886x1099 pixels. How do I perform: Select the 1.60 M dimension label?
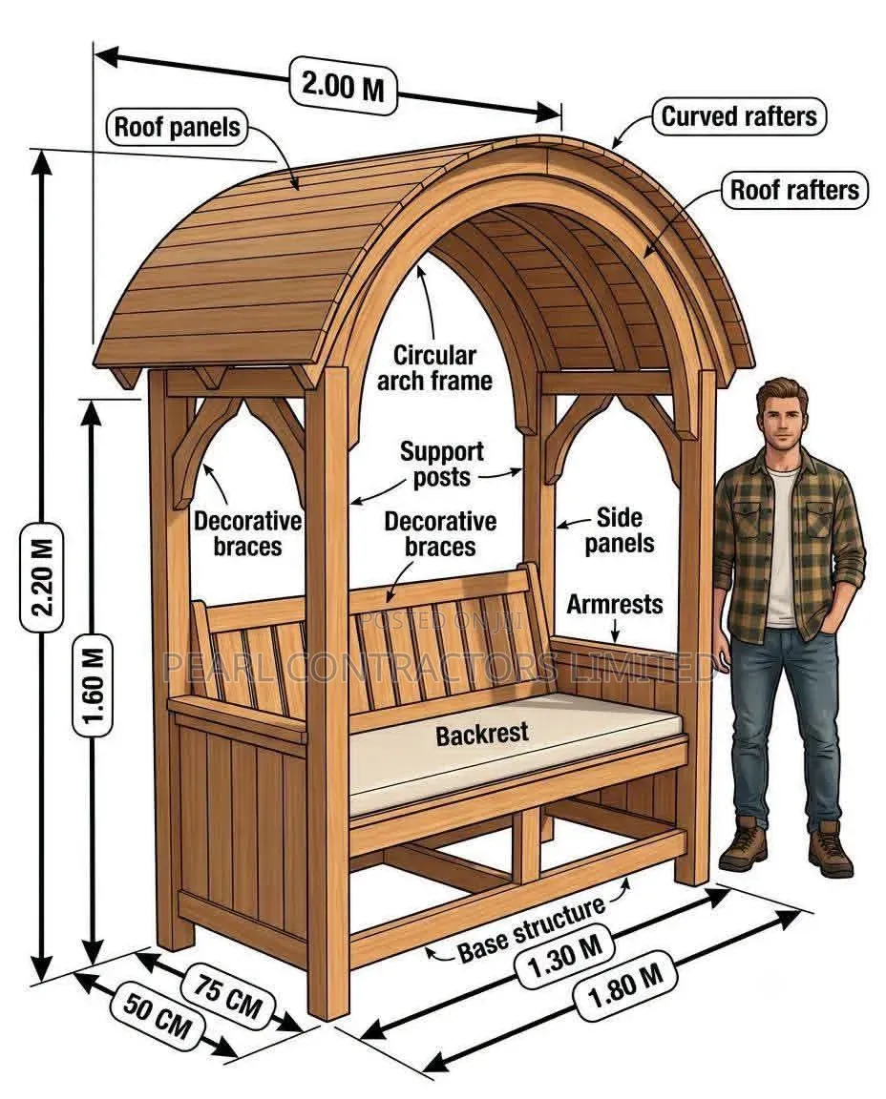92,685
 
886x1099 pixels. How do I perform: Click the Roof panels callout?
178,127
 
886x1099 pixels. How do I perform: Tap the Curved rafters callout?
739,115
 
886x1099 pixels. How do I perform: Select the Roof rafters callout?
794,190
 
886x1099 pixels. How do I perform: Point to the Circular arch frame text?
435,368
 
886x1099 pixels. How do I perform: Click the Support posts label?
442,464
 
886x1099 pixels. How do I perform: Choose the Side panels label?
620,529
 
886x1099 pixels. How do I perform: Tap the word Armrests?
615,604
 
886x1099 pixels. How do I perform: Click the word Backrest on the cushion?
482,734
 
